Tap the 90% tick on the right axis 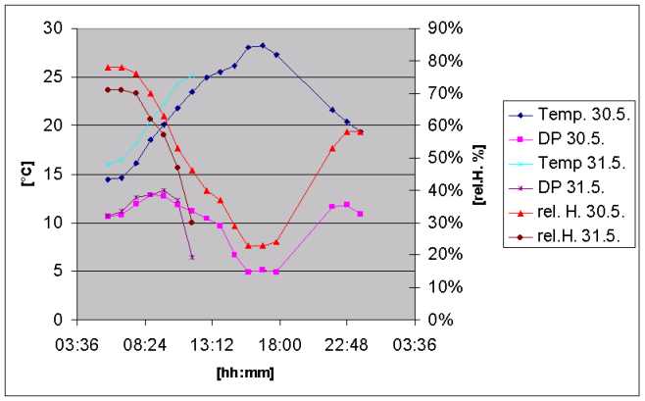pos(428,28)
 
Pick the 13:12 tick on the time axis pos(212,343)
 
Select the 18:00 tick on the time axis pos(279,343)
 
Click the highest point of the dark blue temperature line pos(262,45)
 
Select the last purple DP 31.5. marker pos(192,257)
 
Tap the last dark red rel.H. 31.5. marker pos(191,223)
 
